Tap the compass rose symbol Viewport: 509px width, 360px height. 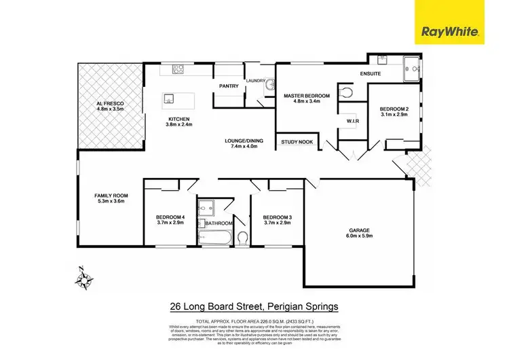pyautogui.click(x=84, y=277)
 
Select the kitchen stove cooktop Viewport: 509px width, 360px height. pyautogui.click(x=179, y=69)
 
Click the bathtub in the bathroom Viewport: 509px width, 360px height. pyautogui.click(x=215, y=238)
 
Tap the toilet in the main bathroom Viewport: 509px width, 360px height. pyautogui.click(x=242, y=237)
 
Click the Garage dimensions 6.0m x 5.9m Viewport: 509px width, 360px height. pyautogui.click(x=359, y=236)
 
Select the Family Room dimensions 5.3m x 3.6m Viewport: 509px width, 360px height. pyautogui.click(x=111, y=202)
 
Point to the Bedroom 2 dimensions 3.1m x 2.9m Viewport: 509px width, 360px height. pyautogui.click(x=394, y=116)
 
